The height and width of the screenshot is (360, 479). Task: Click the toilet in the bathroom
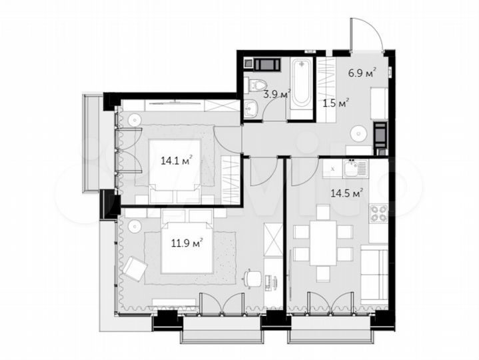[x=252, y=85]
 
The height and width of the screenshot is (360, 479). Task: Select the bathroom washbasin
[x=251, y=111]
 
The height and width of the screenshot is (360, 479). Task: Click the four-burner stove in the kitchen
[x=378, y=214]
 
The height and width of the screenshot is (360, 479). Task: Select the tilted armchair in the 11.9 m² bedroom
[x=136, y=269]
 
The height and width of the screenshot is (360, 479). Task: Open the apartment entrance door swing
[x=366, y=33]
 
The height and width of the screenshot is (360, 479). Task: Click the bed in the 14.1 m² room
[x=173, y=171]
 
